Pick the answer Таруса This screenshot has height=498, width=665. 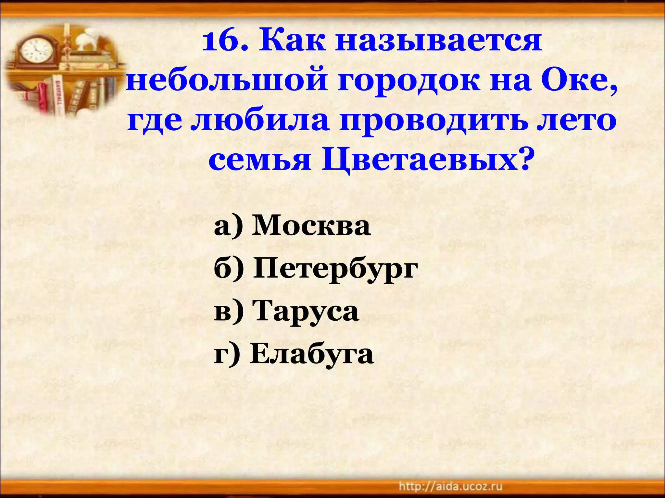click(x=307, y=312)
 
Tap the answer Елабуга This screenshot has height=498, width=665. click(x=311, y=354)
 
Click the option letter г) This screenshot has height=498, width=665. click(x=227, y=354)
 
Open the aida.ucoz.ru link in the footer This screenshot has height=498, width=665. click(x=450, y=486)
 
